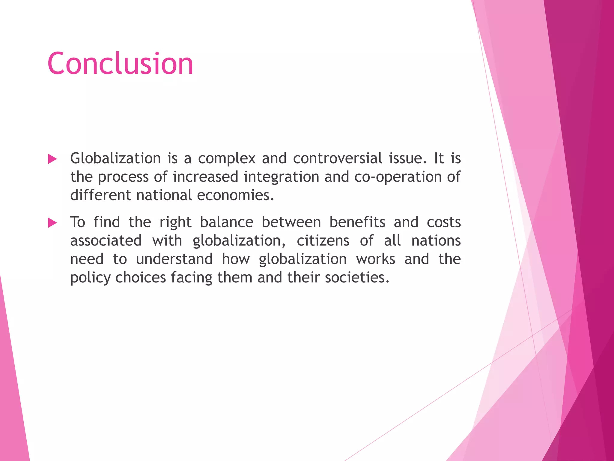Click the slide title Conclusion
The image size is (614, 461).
coord(120,64)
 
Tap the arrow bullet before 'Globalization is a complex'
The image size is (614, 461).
coord(52,159)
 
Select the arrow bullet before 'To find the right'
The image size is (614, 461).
coord(52,223)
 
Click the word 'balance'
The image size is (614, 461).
coord(227,222)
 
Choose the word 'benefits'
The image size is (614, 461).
coord(357,222)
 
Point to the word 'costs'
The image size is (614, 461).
coord(444,222)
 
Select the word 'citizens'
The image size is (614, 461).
coord(323,241)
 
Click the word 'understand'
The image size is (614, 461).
coord(174,259)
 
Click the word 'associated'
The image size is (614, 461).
coord(106,241)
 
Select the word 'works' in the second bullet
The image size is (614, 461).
coord(376,259)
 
